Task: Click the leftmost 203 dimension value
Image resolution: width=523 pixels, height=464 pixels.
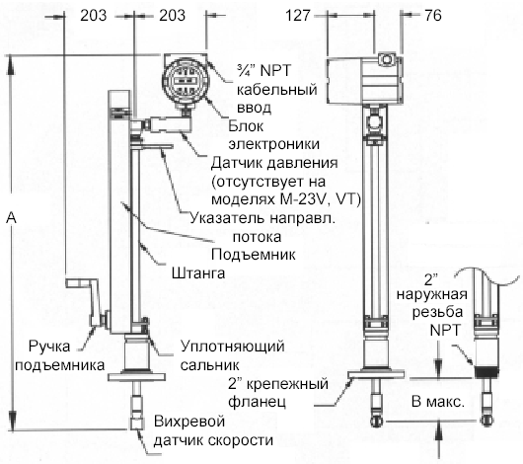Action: point(93,16)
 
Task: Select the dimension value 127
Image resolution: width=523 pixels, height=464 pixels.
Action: point(298,16)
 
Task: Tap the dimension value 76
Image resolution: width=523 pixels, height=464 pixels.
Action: point(433,16)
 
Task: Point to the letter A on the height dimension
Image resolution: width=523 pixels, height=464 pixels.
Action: point(12,217)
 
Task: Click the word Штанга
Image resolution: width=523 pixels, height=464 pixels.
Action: point(198,273)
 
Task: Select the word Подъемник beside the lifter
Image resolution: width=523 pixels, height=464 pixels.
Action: point(254,255)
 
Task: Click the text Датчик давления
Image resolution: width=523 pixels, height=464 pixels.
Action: point(274,163)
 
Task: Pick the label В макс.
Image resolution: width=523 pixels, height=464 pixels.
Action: point(438,401)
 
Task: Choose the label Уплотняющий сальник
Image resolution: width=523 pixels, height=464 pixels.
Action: point(233,355)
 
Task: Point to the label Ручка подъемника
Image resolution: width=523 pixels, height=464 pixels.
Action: point(60,355)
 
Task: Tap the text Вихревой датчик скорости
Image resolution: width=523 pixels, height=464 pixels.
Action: point(213,431)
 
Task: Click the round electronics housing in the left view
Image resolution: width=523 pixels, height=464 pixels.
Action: point(186,80)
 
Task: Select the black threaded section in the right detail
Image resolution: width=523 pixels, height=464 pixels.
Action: point(486,372)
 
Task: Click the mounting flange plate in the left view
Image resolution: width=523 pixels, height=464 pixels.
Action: point(137,377)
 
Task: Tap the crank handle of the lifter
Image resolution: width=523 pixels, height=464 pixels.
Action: point(87,301)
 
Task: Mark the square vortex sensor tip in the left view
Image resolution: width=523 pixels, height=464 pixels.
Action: point(137,423)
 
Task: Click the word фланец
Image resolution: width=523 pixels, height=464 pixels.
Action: point(257,402)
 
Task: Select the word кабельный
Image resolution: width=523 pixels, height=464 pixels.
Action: point(277,90)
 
